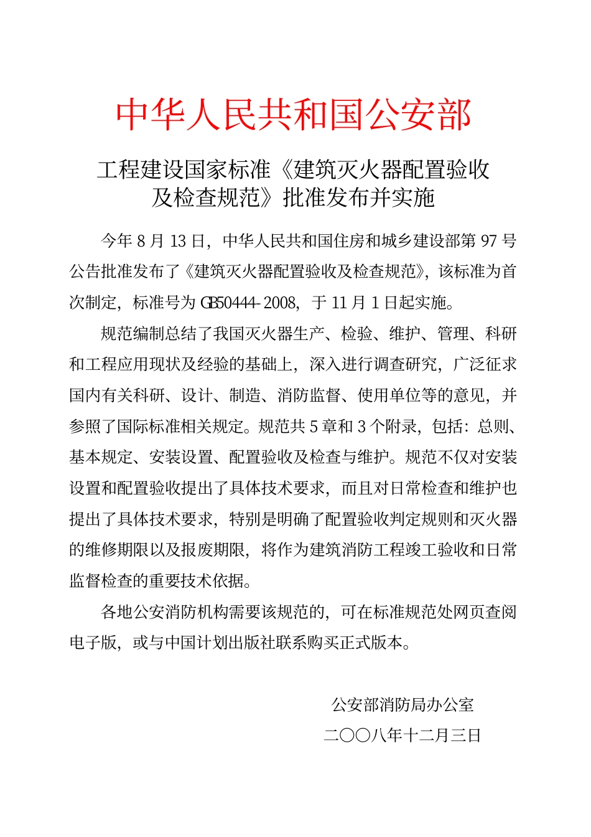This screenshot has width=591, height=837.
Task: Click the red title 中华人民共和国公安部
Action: (x=294, y=115)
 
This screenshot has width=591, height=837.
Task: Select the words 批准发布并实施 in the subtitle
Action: (x=359, y=197)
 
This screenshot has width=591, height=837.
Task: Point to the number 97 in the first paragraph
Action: (x=489, y=240)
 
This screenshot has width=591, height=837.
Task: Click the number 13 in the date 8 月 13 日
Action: (x=178, y=240)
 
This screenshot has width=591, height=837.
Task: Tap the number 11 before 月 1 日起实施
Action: (x=340, y=303)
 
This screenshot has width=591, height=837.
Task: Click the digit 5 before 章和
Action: (x=314, y=427)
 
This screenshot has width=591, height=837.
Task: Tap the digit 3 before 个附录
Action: (x=362, y=427)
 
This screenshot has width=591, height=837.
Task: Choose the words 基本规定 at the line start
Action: (x=101, y=458)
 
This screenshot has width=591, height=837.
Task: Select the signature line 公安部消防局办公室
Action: (x=403, y=705)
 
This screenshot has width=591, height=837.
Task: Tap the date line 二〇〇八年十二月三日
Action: (x=403, y=735)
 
